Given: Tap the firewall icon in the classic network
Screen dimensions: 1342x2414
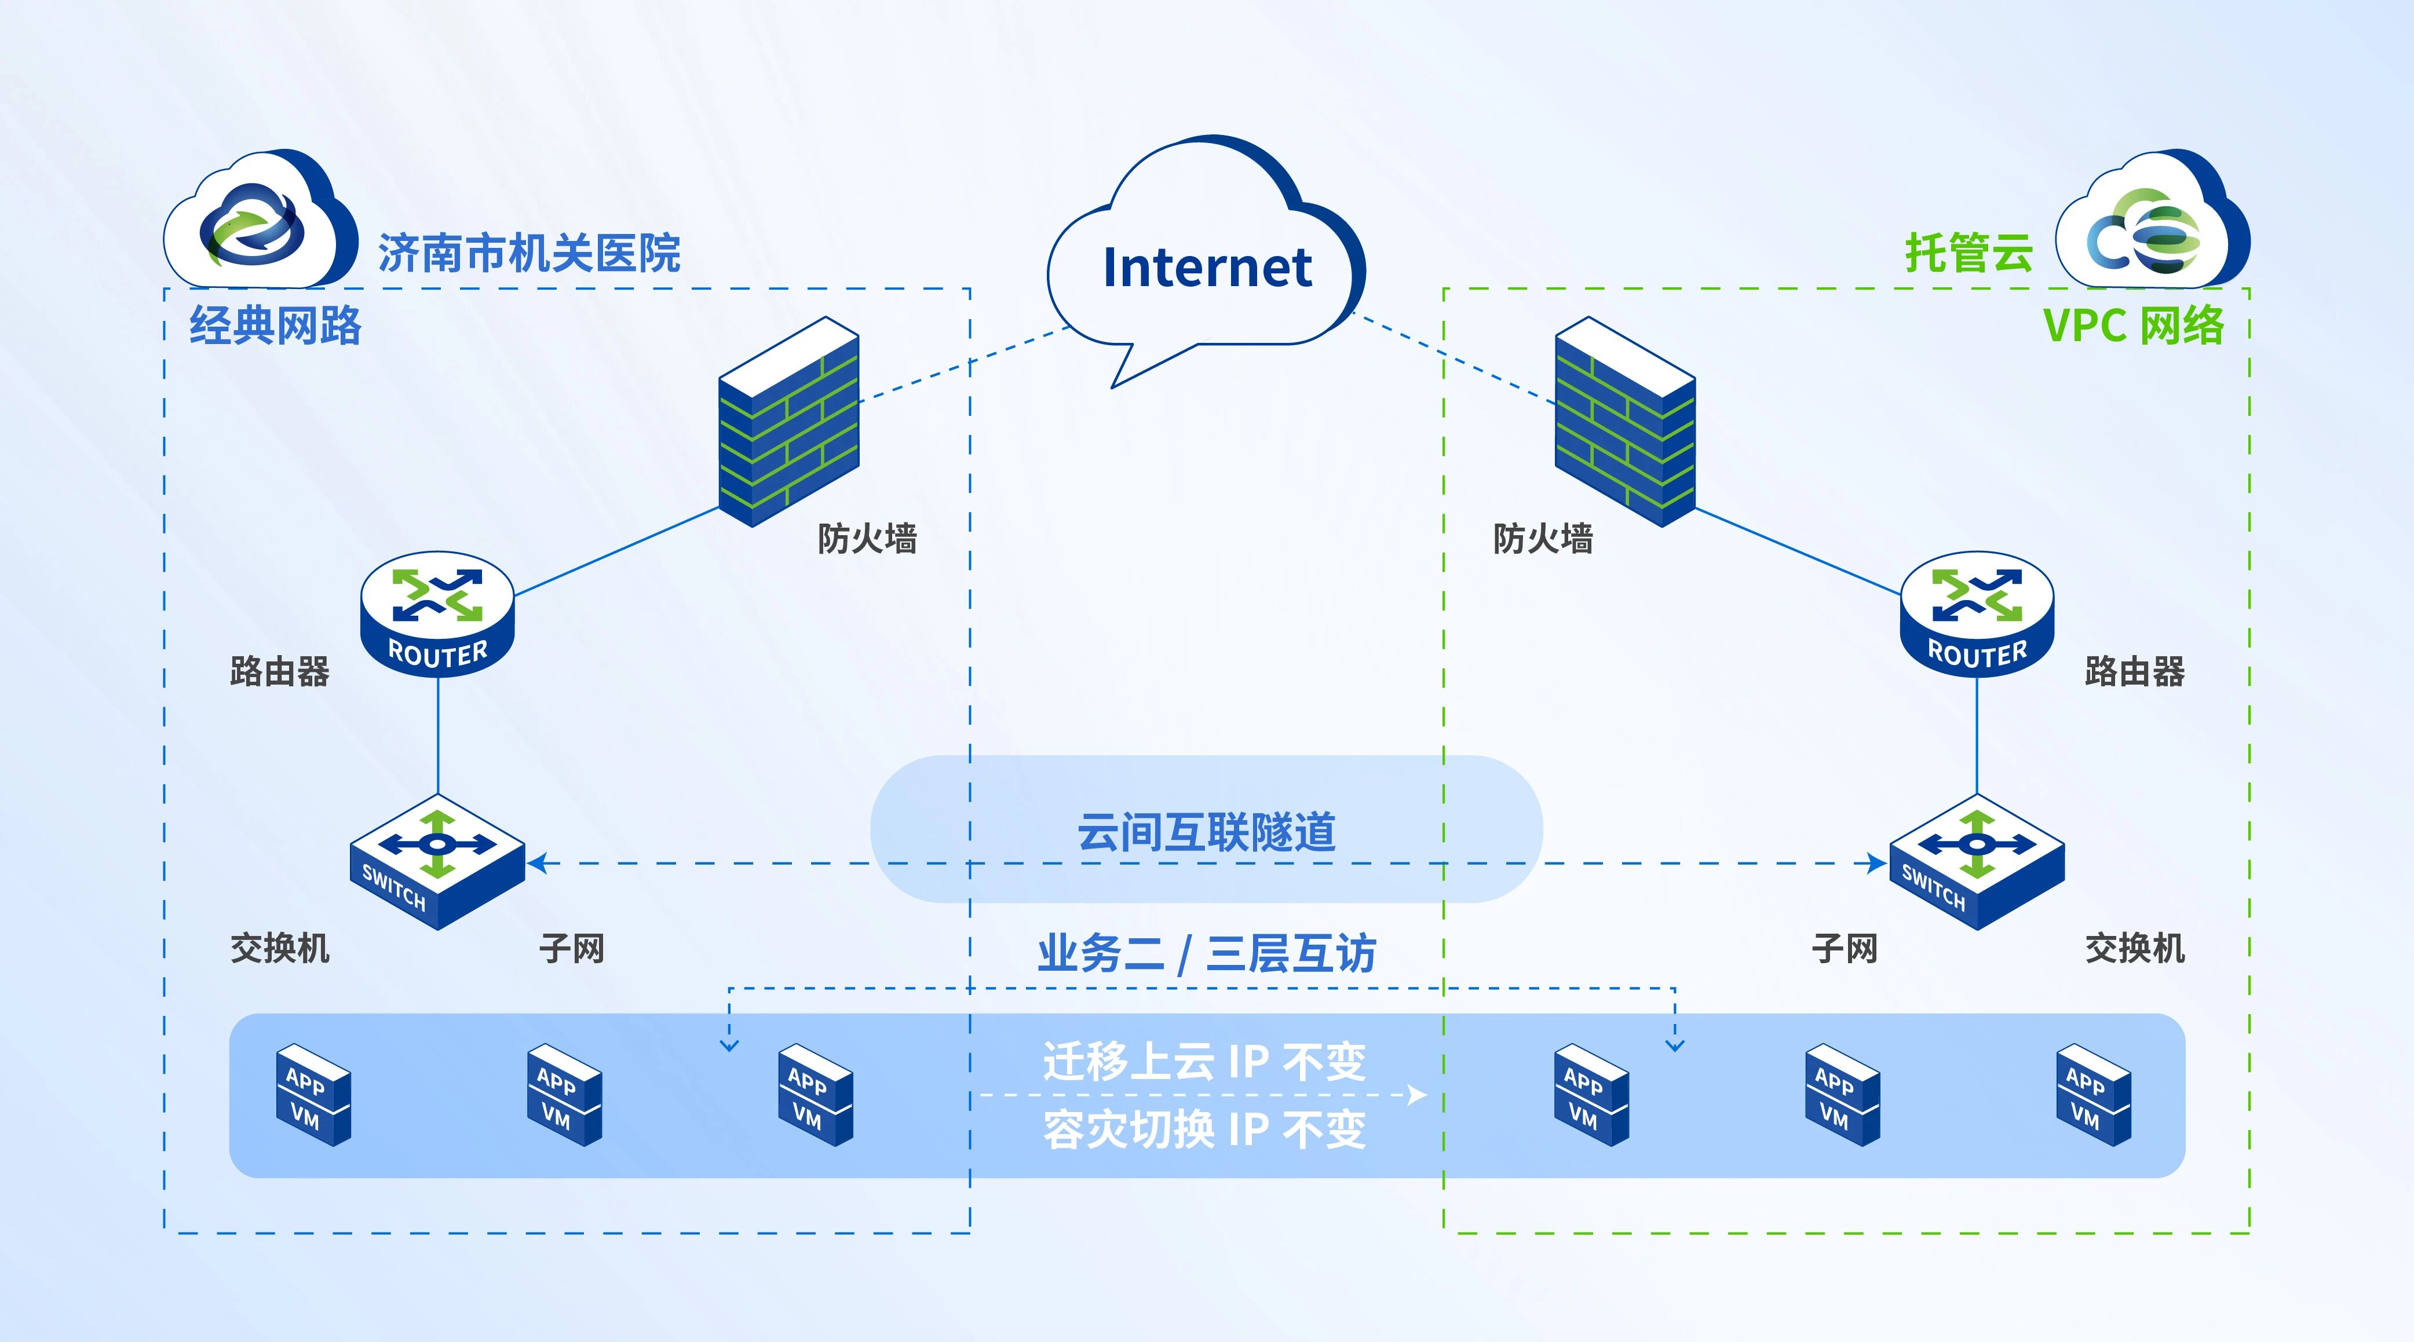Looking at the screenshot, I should coord(788,422).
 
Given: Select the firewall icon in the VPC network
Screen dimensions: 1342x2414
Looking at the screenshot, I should coord(1625,422).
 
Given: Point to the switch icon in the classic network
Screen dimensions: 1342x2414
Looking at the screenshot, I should coord(437,862).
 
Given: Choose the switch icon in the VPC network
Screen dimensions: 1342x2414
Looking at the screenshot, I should coord(1977,862).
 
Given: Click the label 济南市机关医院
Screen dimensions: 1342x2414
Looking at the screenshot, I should coord(528,253).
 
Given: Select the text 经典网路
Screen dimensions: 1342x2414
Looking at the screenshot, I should coord(275,325).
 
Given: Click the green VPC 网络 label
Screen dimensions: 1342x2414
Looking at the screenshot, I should coord(2133,325).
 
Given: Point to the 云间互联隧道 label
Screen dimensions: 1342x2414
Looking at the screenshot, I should coord(1206,831).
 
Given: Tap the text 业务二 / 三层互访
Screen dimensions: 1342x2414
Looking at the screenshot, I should coord(1206,954).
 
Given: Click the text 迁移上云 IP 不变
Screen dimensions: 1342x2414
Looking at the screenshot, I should coord(1204,1061).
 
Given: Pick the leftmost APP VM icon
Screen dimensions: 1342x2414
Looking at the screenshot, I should coord(313,1095).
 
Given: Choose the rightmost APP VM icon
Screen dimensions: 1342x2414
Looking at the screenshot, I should coord(2094,1095).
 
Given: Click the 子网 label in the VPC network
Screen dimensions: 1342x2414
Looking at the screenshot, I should coord(1844,948).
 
